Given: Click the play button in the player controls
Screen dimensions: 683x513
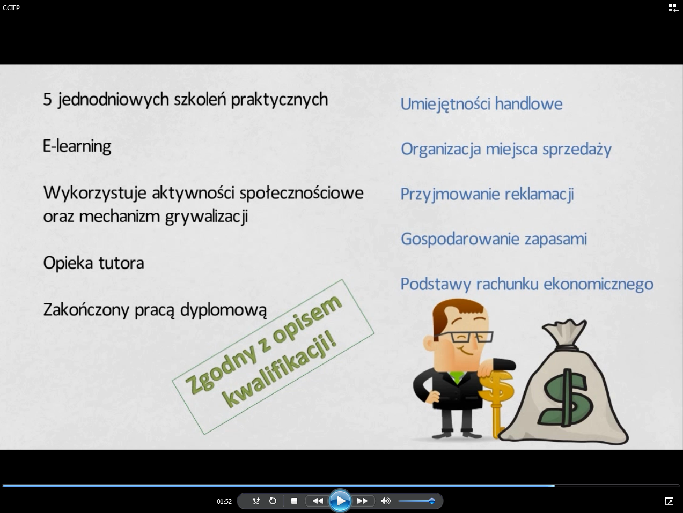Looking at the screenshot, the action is click(340, 501).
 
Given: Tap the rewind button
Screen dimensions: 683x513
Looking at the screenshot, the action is click(318, 501).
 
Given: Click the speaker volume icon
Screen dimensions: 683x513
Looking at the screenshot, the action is click(386, 501).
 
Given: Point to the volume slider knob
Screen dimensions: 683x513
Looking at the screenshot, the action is click(431, 501).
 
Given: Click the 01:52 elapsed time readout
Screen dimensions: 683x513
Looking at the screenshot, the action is click(224, 502).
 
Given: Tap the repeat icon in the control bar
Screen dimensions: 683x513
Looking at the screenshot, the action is click(273, 501).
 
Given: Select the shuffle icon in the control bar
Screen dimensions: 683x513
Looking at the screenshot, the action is click(256, 501).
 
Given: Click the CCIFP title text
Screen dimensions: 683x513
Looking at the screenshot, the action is click(11, 8).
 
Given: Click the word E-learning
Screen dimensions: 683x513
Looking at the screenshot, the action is click(77, 146).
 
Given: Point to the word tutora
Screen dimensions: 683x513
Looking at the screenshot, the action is click(121, 263).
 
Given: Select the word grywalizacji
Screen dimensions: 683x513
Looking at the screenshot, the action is click(207, 217).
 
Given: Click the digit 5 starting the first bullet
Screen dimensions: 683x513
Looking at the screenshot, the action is click(47, 100).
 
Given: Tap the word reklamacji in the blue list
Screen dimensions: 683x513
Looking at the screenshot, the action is click(539, 194).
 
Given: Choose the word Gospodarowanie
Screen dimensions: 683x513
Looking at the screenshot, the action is click(460, 240).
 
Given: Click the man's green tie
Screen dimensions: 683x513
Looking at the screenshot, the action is click(457, 377).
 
